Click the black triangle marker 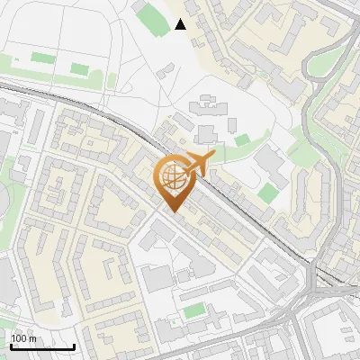181,24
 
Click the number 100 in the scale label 20,338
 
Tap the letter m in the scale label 32,338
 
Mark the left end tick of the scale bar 10,346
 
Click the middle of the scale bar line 42,346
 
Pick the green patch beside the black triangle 152,14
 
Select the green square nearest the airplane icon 241,140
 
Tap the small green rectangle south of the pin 194,311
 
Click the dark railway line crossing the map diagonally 252,220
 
